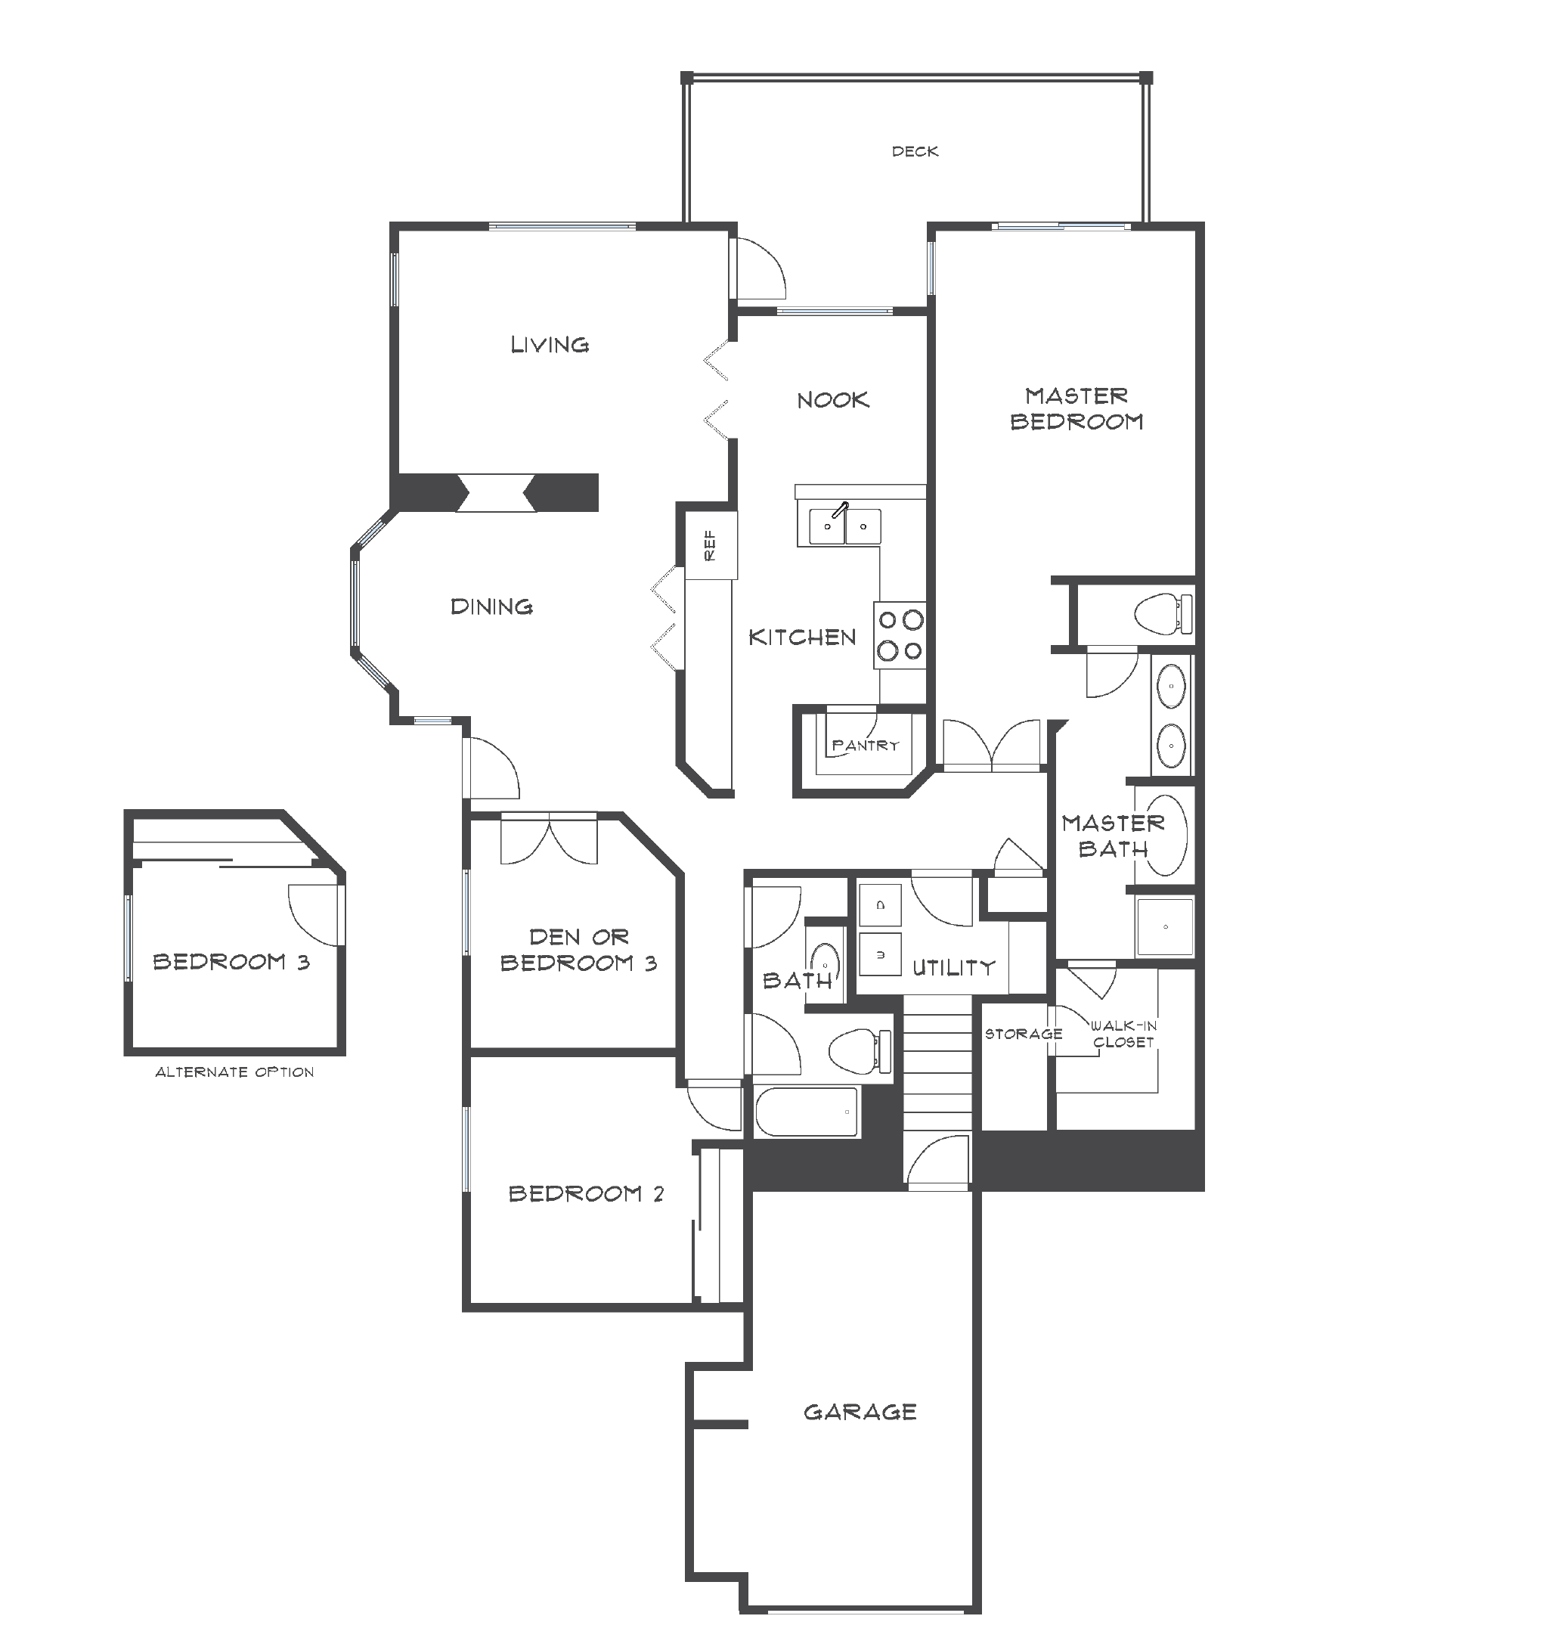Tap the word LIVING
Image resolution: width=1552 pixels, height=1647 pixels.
pos(549,345)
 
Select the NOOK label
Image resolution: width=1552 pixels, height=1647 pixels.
pos(832,400)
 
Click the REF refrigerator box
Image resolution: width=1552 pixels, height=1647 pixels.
pos(711,544)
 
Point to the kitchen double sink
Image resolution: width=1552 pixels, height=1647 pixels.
pos(844,526)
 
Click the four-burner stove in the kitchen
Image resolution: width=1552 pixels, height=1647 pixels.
pos(900,634)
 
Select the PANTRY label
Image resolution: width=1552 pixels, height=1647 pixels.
pos(865,745)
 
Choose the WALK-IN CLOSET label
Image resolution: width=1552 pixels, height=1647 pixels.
pos(1123,1034)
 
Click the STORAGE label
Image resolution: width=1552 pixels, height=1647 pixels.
pos(1023,1034)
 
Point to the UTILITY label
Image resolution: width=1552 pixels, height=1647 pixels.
pos(953,968)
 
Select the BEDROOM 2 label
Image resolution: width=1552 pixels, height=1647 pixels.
pos(586,1194)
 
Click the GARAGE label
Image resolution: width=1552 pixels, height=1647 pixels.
pos(860,1412)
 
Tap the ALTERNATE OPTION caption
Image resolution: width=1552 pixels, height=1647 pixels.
pos(234,1072)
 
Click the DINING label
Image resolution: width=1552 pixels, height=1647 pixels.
pos(491,606)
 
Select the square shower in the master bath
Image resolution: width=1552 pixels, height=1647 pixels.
pos(1165,926)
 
